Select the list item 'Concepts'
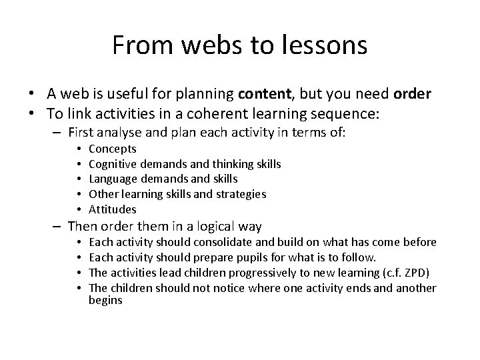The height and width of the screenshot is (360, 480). point(112,149)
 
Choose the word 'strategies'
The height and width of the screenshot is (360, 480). point(241,194)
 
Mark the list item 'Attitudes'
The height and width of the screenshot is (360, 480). point(112,209)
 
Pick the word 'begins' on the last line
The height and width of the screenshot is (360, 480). point(105,300)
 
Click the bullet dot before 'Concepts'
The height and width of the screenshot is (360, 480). point(79,149)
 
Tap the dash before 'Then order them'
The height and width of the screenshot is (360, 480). point(59,226)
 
